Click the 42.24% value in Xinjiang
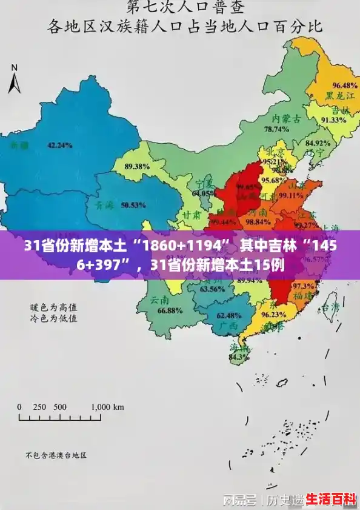(x=59, y=146)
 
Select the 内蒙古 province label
(x=286, y=118)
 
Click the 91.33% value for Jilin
(x=333, y=120)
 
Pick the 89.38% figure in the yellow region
(x=137, y=166)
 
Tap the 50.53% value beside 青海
(x=133, y=205)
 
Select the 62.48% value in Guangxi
(x=229, y=315)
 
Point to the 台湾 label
(x=330, y=307)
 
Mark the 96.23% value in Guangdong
(x=273, y=315)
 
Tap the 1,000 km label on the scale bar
(x=110, y=407)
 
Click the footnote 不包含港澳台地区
(x=56, y=455)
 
